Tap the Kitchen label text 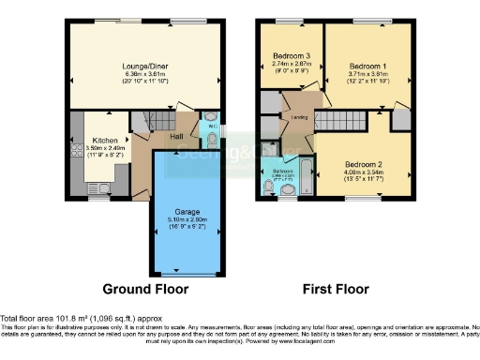(105, 140)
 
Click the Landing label (299, 117)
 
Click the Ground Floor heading (145, 288)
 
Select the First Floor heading (335, 288)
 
